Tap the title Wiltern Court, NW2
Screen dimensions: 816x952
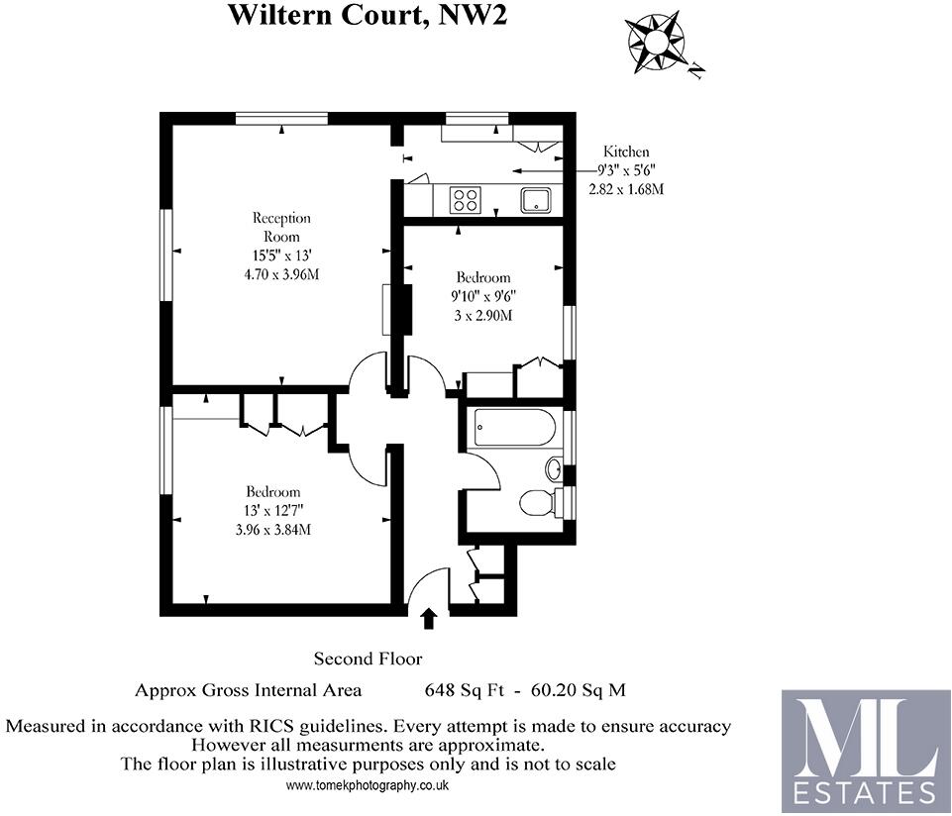(x=368, y=15)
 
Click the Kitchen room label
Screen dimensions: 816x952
(x=626, y=152)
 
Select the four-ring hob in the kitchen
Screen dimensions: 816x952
(x=465, y=200)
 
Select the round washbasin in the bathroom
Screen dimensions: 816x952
(x=555, y=467)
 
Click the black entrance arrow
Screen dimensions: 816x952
(x=428, y=619)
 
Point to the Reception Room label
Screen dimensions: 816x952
(x=281, y=227)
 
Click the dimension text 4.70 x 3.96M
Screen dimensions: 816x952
(x=281, y=274)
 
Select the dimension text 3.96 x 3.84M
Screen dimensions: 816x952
(x=273, y=529)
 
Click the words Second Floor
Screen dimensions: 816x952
(x=368, y=659)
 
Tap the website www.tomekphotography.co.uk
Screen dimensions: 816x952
(x=368, y=785)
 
